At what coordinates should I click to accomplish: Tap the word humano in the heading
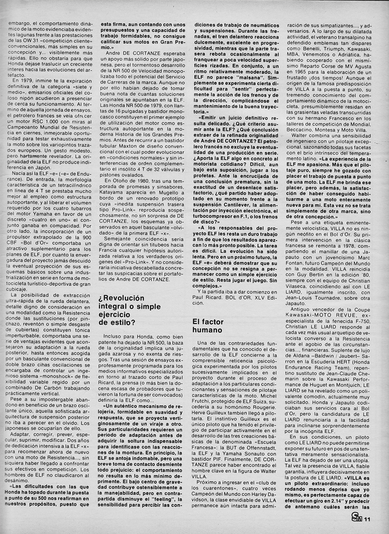tap(207, 330)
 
